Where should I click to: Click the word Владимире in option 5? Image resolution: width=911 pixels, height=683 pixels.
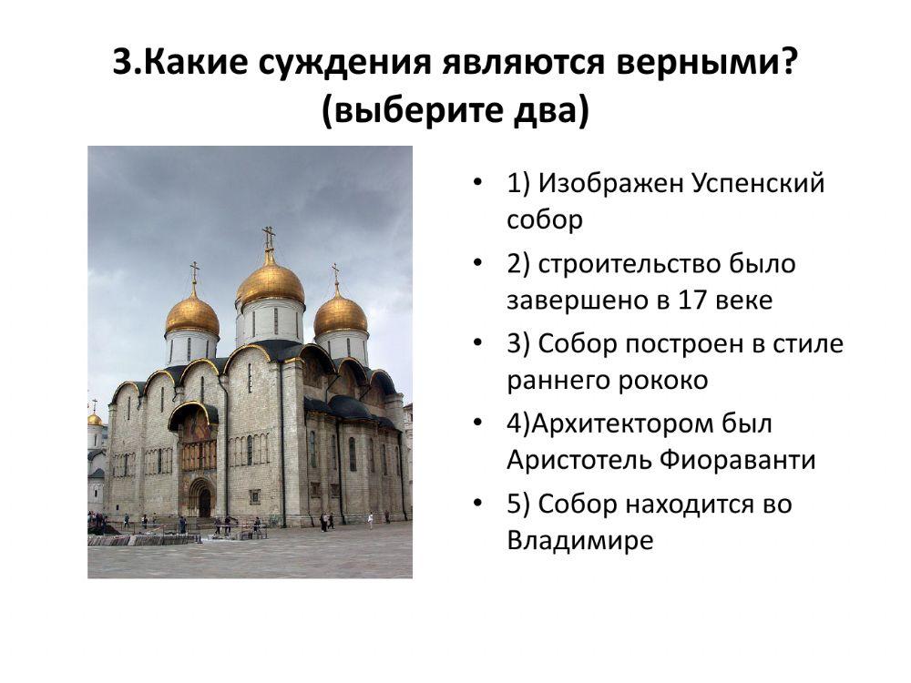pos(580,541)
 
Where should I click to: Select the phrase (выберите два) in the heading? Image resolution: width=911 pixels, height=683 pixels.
pos(455,111)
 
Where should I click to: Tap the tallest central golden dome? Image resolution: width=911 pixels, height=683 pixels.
pos(270,283)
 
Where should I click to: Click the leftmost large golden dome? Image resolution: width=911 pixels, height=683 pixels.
pos(192,313)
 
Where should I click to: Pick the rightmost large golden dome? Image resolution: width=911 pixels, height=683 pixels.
pos(341,313)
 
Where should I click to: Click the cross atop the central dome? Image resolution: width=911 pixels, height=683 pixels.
pos(269,237)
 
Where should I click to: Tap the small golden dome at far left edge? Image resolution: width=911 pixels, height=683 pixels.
pos(95,419)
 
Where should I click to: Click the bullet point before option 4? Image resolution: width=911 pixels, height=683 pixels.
pos(478,424)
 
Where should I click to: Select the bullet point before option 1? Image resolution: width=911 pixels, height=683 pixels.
pos(478,183)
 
